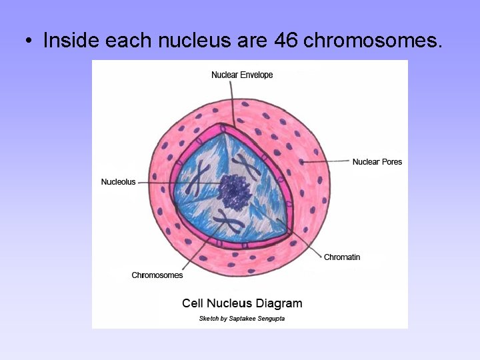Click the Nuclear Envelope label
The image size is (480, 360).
click(x=242, y=75)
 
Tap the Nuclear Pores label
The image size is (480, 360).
click(x=377, y=162)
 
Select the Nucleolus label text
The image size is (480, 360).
click(x=118, y=182)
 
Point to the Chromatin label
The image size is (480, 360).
click(x=342, y=257)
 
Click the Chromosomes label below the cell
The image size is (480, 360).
click(x=157, y=275)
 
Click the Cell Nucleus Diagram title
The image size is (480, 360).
click(x=242, y=303)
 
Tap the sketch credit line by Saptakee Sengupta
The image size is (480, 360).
click(x=242, y=319)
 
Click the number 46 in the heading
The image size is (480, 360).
click(x=285, y=41)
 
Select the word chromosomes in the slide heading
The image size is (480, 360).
click(x=372, y=41)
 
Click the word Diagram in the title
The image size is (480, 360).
click(x=277, y=303)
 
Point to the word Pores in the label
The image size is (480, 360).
click(x=392, y=162)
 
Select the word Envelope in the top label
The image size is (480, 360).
click(x=257, y=75)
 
